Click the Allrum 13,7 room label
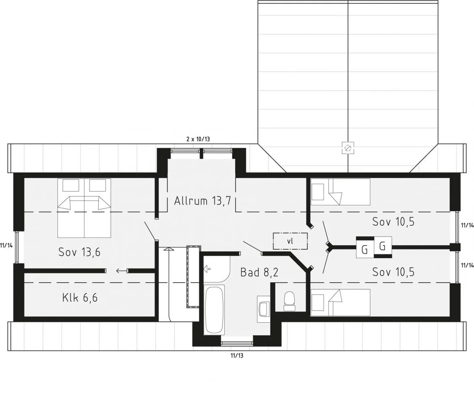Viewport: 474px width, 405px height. [x=202, y=201]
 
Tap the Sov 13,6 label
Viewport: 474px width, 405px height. [x=79, y=252]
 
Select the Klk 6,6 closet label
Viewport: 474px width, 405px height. [x=80, y=298]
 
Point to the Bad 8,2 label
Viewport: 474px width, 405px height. [x=259, y=272]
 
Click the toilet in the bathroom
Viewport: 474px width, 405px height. [x=289, y=301]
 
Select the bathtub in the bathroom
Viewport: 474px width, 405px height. [x=214, y=310]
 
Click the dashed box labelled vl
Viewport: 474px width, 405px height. [x=290, y=241]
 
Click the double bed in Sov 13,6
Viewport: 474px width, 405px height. [x=84, y=208]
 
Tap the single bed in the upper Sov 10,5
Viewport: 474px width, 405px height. [x=340, y=192]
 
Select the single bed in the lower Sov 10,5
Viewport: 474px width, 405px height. [x=340, y=302]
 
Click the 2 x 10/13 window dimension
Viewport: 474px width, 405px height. [x=198, y=139]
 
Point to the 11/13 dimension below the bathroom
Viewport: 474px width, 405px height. [x=237, y=356]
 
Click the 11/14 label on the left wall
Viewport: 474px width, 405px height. [x=6, y=246]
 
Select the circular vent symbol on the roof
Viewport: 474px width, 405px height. [x=348, y=148]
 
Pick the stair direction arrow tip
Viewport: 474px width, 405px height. [x=169, y=248]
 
